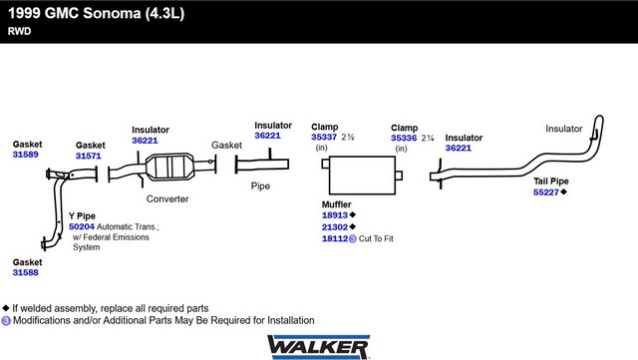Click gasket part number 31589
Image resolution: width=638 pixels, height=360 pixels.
25,155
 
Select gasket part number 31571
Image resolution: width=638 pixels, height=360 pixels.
89,156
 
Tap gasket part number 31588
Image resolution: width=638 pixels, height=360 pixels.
25,272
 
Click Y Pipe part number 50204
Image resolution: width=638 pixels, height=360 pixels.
82,226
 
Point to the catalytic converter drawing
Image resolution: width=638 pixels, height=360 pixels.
169,167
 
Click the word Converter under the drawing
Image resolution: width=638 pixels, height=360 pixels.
167,199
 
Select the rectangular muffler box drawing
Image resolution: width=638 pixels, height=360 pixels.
362,176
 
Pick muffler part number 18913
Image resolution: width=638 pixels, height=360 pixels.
335,215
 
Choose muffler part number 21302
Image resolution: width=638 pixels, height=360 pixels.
335,226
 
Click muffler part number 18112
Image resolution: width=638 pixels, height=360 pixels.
335,238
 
